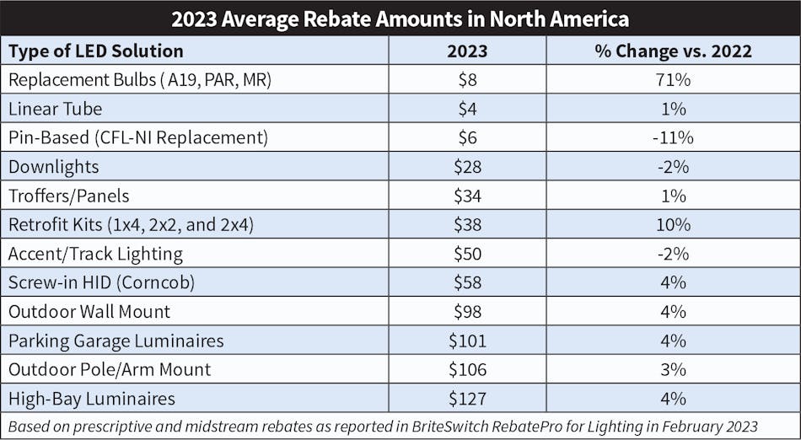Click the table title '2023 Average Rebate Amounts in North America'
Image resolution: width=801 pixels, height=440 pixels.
[400, 19]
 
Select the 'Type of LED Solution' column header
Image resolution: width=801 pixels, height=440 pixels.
[95, 51]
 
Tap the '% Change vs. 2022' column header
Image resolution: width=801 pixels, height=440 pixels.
[673, 51]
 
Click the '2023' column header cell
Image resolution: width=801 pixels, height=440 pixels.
[467, 51]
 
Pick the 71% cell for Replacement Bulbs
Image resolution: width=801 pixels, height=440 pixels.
[673, 80]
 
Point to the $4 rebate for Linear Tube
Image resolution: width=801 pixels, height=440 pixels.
[467, 109]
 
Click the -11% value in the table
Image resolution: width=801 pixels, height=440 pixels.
[673, 137]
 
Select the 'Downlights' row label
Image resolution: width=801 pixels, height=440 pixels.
[54, 167]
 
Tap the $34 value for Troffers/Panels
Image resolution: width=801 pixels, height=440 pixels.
[467, 196]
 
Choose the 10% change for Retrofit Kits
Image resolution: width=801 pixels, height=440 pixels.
[673, 224]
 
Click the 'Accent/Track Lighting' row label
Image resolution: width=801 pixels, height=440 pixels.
[95, 254]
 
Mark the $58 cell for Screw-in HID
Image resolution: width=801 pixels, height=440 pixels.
[467, 282]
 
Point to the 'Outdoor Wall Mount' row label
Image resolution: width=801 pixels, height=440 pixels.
[89, 311]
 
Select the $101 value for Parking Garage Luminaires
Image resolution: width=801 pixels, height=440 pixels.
[467, 341]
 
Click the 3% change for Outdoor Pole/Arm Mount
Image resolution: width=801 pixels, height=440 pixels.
[673, 369]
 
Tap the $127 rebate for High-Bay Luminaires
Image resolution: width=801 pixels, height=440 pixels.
[467, 398]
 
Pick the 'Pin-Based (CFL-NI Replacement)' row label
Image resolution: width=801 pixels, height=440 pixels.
[138, 137]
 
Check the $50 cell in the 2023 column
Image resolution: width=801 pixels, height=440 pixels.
[467, 254]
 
